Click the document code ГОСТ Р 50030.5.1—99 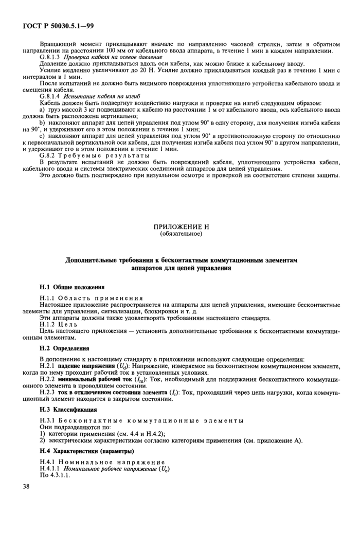(58, 25)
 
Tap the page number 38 (26, 486)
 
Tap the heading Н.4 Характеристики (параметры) (86, 451)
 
